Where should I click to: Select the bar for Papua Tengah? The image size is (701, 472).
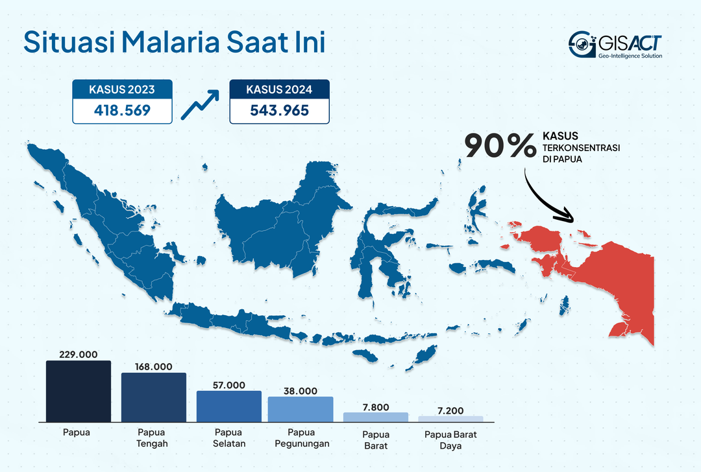[153, 397]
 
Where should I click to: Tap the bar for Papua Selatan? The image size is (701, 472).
[228, 406]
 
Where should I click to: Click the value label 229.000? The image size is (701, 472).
[78, 354]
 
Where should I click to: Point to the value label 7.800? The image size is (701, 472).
[375, 407]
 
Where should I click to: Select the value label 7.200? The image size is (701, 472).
[450, 410]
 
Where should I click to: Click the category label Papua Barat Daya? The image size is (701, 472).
[450, 440]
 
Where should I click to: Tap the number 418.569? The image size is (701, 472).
[122, 110]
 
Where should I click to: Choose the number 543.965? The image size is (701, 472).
[279, 110]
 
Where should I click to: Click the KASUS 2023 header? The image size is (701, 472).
[122, 89]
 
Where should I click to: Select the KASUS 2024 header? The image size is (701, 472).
[279, 89]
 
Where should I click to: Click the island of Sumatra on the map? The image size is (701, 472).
[104, 220]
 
